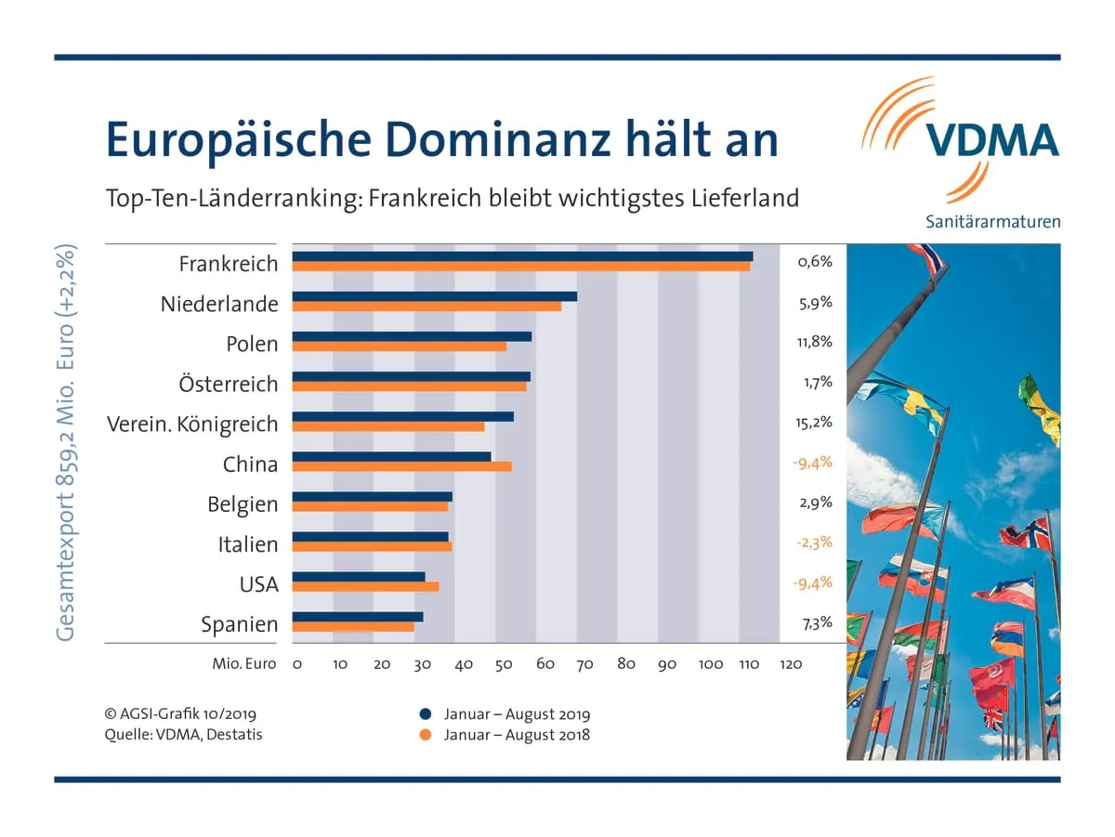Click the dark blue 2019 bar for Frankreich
[x=522, y=256]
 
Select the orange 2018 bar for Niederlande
[x=426, y=306]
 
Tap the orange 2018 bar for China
[x=401, y=466]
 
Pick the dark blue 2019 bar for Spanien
[x=358, y=616]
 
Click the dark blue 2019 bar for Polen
[x=412, y=336]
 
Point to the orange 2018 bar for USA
[x=365, y=586]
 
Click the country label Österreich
[x=229, y=384]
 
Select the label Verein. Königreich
[x=192, y=424]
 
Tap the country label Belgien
[x=243, y=504]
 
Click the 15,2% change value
[x=814, y=423]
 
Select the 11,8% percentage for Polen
[x=814, y=342]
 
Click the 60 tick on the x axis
[x=545, y=664]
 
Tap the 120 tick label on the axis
[x=790, y=664]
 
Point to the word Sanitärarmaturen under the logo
[x=992, y=221]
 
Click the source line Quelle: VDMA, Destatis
[x=184, y=735]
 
